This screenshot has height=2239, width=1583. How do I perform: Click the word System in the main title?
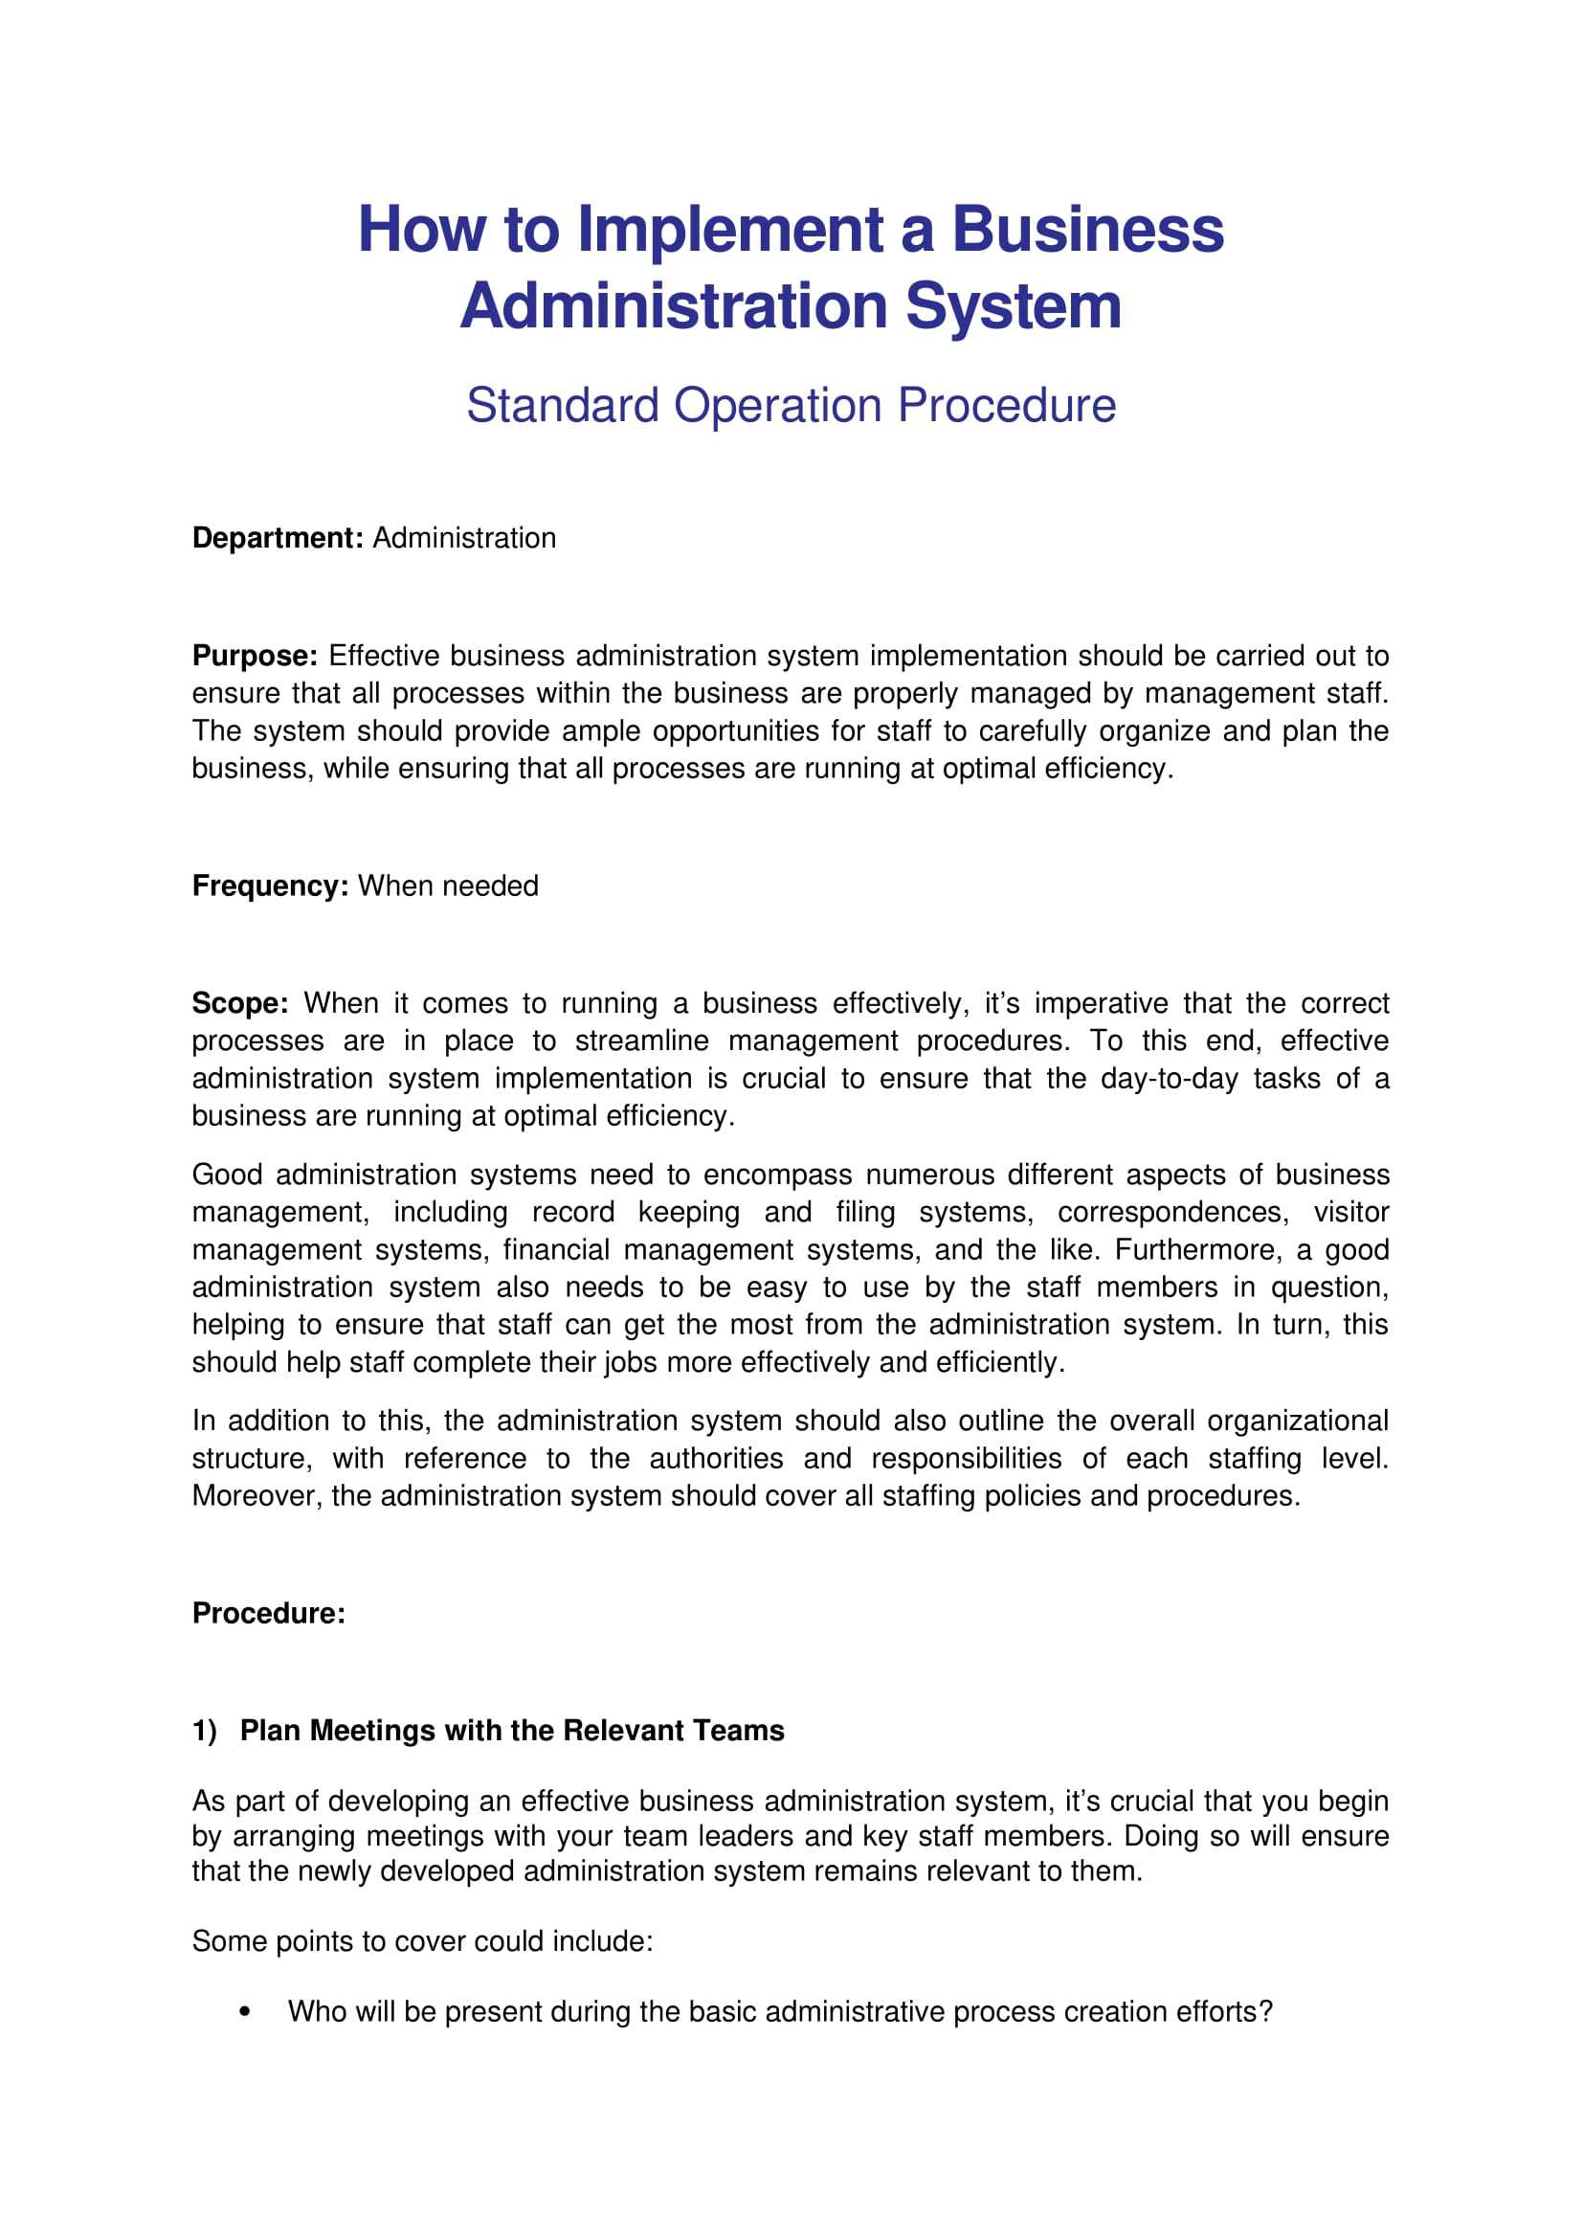[x=1014, y=306]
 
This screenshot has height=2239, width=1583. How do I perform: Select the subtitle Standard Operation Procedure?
[x=791, y=405]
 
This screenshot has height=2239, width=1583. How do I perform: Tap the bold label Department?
[x=278, y=538]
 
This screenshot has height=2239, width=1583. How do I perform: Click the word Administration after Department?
[x=464, y=538]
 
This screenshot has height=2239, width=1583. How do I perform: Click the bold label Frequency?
[x=270, y=885]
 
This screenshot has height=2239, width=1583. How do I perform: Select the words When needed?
[x=448, y=885]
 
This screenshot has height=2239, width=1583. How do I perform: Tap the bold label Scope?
[x=240, y=1002]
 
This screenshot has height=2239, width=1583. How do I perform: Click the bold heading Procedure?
[x=269, y=1613]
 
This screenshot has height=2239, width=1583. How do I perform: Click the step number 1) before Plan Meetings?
[x=205, y=1730]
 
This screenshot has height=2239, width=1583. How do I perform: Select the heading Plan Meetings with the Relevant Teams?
[x=512, y=1730]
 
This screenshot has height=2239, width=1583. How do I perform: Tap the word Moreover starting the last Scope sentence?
[x=256, y=1496]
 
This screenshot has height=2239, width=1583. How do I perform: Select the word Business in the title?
[x=1087, y=230]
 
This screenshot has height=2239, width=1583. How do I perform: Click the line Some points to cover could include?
[x=422, y=1941]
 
